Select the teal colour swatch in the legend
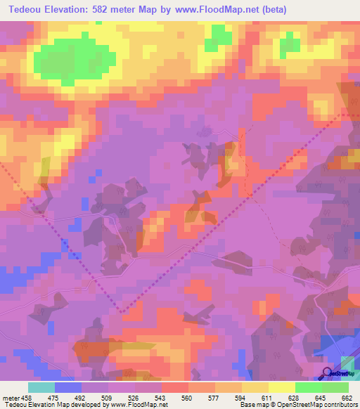41,387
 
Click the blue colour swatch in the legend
68,387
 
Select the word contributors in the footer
338,404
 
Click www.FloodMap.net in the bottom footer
137,404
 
